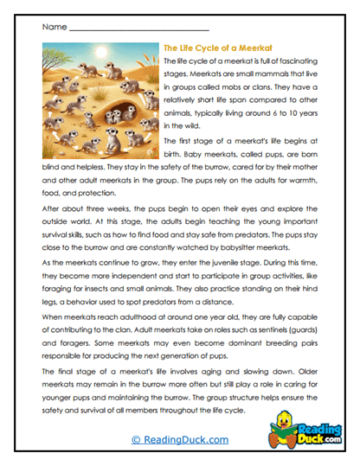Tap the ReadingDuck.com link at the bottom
pos(179,439)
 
